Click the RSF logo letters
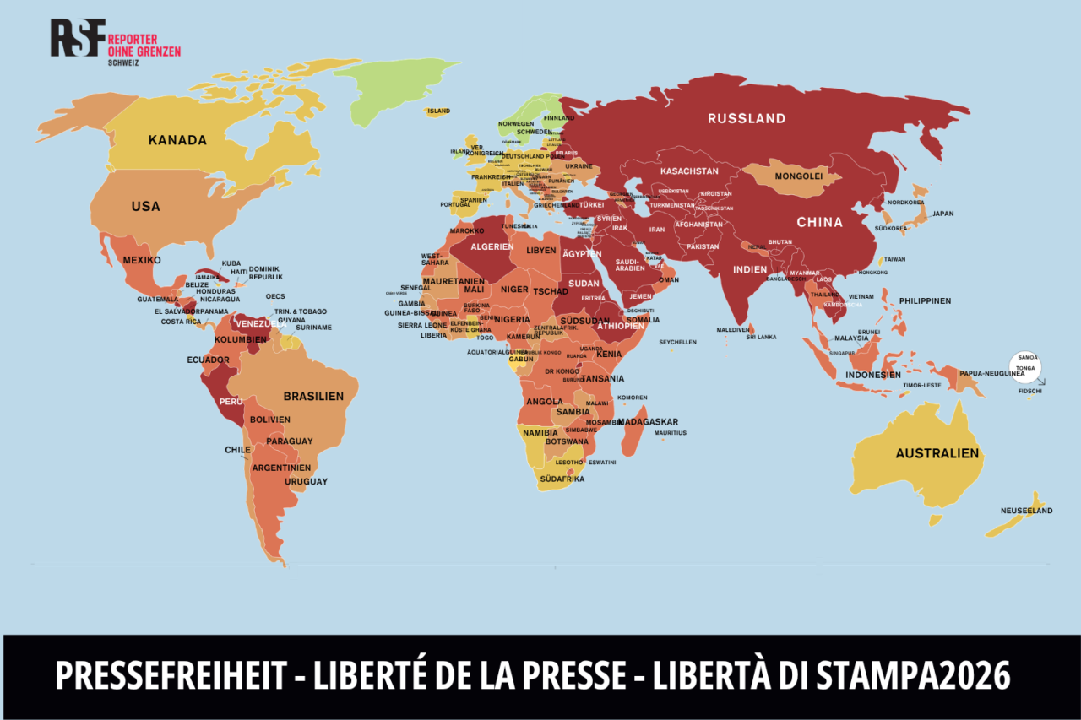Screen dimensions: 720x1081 78,37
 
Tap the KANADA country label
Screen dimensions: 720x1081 177,140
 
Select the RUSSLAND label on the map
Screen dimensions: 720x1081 747,119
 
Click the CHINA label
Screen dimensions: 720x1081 820,222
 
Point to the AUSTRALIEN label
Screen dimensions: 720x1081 937,453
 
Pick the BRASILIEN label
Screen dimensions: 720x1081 313,396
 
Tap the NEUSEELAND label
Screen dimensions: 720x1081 1026,511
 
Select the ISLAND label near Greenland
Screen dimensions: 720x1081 438,111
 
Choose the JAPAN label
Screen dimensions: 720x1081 942,214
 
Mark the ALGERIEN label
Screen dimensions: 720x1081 492,246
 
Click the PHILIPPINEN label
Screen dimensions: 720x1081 925,300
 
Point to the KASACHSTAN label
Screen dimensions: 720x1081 689,171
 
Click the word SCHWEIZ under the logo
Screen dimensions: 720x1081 125,62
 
